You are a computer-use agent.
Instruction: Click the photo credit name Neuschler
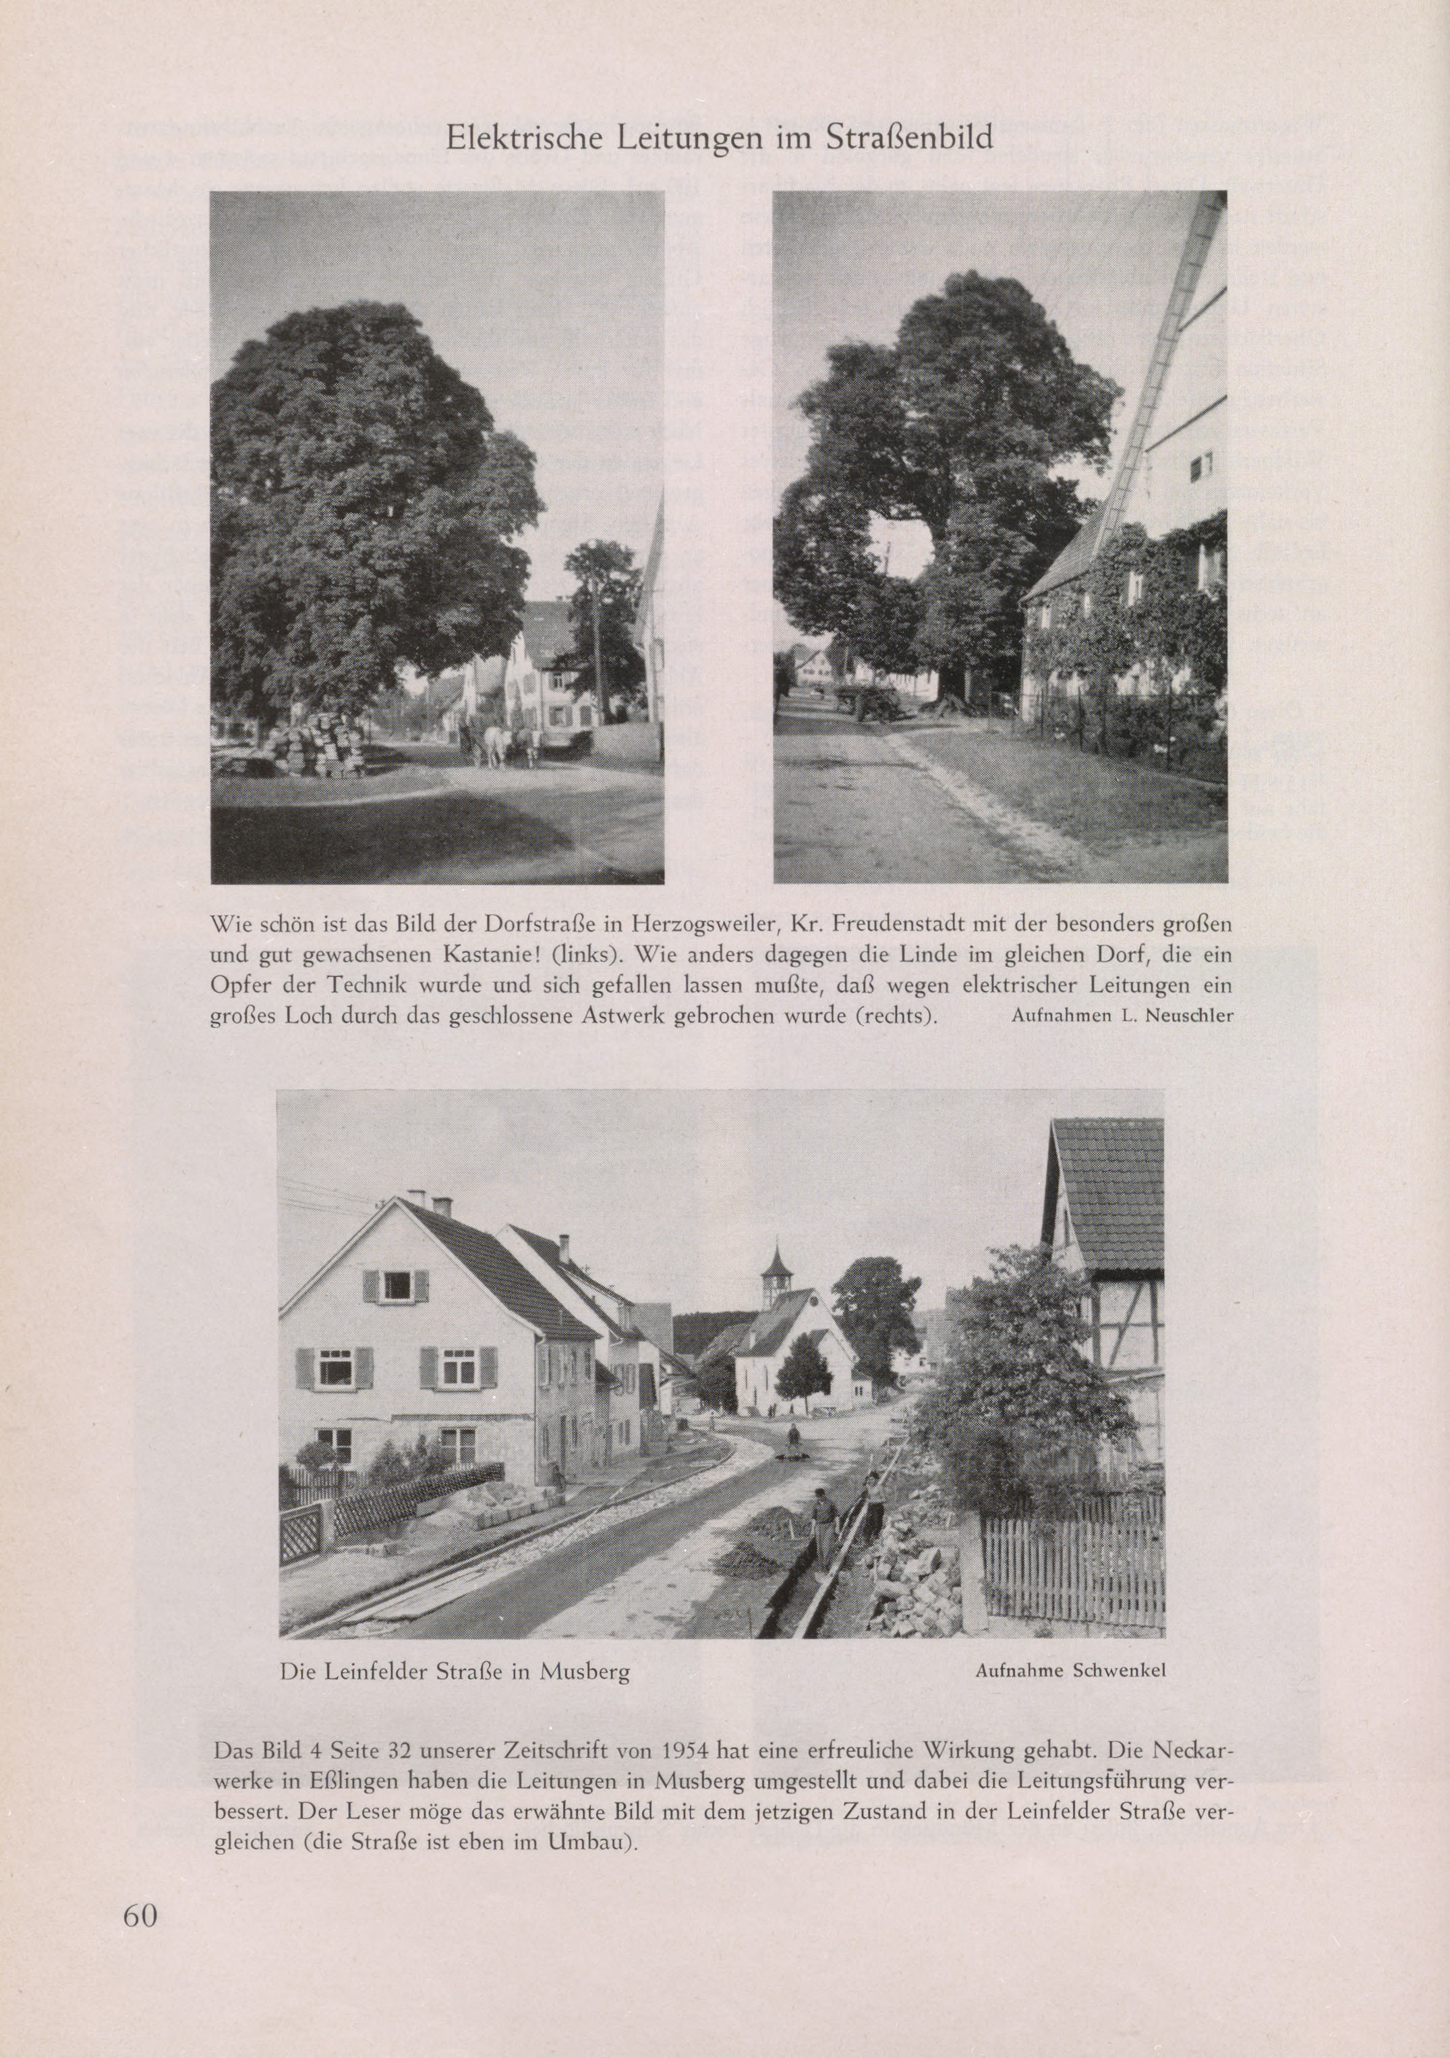pos(1196,1016)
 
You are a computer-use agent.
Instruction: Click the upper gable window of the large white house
pos(396,1286)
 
